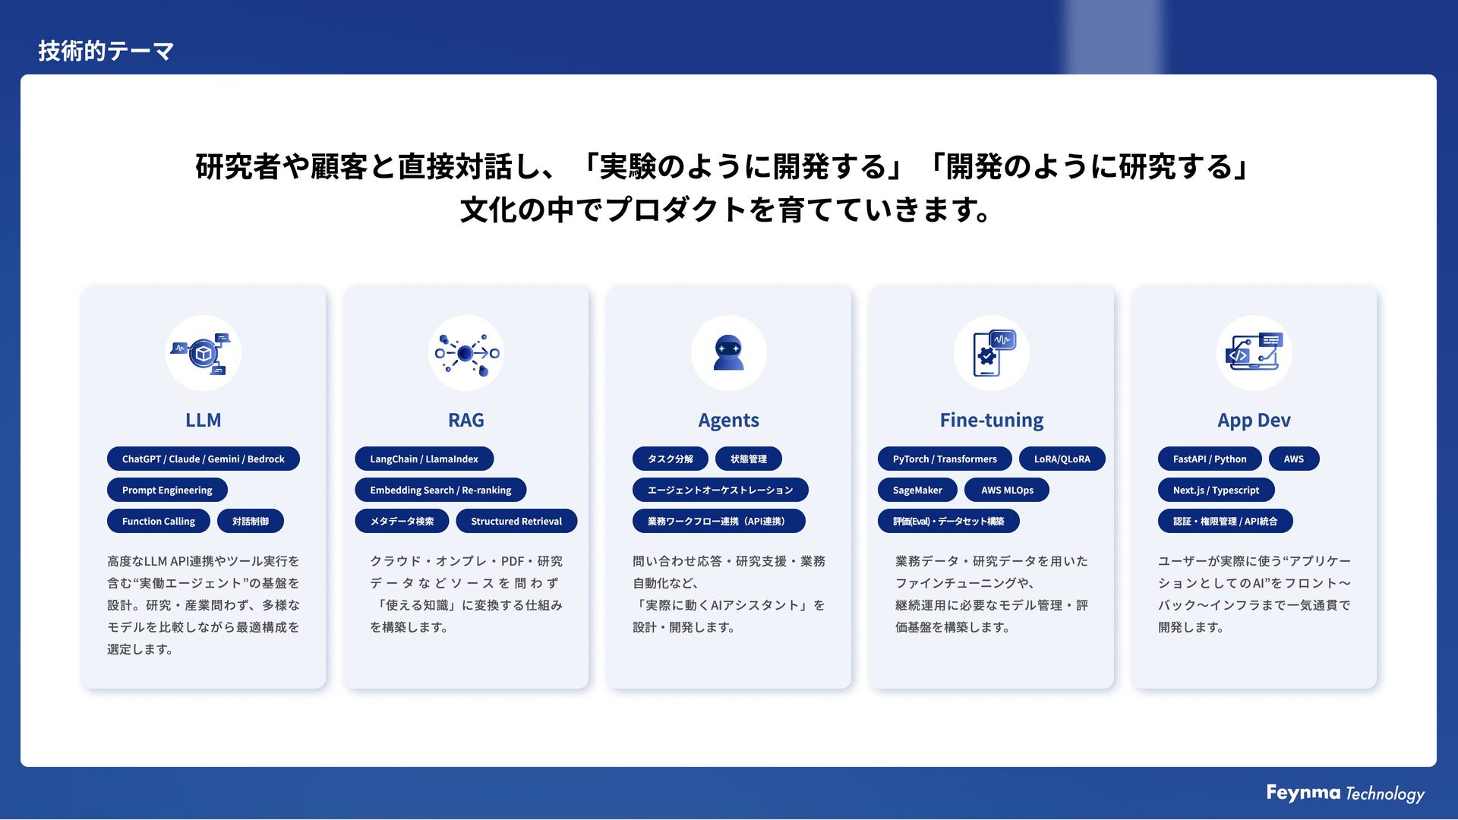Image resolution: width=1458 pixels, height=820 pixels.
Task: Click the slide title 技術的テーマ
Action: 106,51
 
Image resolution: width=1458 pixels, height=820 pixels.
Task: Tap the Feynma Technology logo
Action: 1345,793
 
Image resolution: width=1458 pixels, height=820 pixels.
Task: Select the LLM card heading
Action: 204,420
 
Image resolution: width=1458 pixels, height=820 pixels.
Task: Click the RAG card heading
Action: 465,420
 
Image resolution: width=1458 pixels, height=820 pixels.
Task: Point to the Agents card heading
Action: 728,420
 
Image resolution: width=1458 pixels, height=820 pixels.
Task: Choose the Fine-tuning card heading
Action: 991,420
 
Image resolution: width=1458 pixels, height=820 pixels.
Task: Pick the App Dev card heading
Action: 1254,420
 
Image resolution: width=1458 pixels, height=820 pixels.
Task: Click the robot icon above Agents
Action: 728,353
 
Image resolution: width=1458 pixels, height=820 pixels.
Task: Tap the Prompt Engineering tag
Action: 167,490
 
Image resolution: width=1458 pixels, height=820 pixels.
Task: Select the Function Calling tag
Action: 159,522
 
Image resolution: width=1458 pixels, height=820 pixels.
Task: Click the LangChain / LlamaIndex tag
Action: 424,459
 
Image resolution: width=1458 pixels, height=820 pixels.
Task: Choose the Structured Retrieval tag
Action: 516,522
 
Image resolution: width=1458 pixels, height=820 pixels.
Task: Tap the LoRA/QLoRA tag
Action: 1062,459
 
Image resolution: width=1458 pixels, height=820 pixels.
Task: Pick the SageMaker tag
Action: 917,490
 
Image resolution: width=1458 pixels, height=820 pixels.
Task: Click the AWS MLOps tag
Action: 1007,490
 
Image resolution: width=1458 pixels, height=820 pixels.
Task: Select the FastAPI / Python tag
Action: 1210,459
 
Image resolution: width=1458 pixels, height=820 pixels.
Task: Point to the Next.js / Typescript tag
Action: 1216,490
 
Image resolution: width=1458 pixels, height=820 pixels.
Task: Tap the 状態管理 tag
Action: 749,459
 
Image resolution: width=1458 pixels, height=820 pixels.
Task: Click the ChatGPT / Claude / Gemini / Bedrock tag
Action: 204,459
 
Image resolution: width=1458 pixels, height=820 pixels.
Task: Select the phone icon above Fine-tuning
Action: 991,353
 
